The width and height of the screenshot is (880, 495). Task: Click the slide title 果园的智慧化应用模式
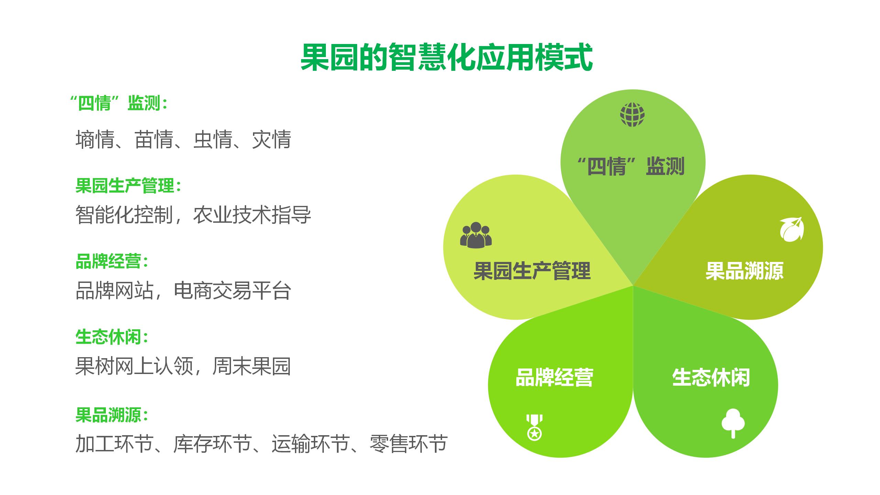click(x=447, y=57)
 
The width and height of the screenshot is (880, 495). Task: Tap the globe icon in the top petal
click(x=632, y=114)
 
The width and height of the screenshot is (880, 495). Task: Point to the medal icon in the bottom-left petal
click(x=534, y=427)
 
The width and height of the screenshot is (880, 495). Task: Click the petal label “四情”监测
click(x=631, y=166)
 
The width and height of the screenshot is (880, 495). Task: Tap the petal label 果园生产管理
click(x=532, y=271)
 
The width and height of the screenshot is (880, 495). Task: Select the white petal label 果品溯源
click(x=745, y=271)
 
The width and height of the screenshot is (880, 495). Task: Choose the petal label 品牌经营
click(x=554, y=377)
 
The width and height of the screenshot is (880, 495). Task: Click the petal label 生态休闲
click(x=711, y=377)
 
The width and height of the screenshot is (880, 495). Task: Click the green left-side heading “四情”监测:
click(x=118, y=103)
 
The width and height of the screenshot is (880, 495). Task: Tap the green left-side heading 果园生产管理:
click(x=128, y=186)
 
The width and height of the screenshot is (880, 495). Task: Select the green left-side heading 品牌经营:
click(x=112, y=262)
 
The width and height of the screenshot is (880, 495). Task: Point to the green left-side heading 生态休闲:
click(x=112, y=337)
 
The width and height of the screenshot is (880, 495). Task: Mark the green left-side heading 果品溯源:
click(x=112, y=415)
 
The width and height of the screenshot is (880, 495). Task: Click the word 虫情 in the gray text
click(x=213, y=140)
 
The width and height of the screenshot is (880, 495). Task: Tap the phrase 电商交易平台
click(x=233, y=291)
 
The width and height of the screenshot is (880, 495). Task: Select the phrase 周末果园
click(x=252, y=366)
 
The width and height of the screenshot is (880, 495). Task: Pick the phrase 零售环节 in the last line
click(x=409, y=444)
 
